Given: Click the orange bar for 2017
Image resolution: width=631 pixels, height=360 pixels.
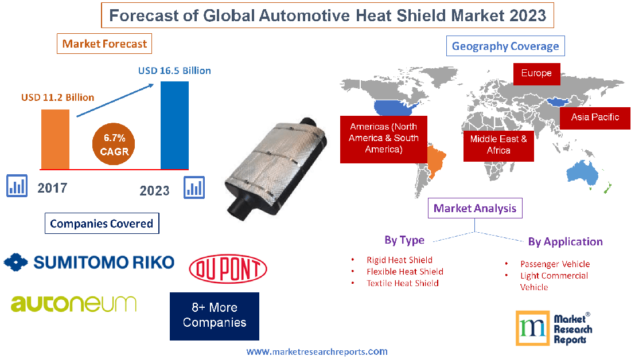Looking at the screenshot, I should coord(55,139).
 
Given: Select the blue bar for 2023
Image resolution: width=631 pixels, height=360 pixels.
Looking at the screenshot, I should coord(174,125).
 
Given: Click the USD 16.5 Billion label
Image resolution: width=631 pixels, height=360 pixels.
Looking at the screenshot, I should coord(174,71).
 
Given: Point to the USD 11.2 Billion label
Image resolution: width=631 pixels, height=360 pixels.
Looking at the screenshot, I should coord(57,97).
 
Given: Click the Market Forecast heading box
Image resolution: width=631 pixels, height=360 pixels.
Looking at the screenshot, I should coord(104,44).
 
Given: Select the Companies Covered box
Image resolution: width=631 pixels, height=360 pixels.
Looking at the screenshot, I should coord(102,224).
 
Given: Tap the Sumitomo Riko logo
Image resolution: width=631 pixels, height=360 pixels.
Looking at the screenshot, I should coord(89,263).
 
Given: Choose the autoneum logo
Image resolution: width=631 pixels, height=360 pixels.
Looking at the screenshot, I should coord(73,303).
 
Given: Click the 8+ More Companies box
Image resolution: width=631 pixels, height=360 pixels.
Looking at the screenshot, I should coord(215,316).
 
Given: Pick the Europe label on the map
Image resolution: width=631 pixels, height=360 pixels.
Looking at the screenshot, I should coord(536,73).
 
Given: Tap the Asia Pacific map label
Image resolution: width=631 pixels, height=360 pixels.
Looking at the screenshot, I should coord(595,117).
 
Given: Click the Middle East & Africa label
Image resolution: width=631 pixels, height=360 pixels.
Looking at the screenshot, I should coord(498,144).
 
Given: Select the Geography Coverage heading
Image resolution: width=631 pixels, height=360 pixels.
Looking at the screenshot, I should coord(505,46).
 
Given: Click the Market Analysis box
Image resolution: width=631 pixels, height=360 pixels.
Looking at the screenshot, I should coord(475,208).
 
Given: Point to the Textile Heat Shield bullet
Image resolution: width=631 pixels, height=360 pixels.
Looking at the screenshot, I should coord(402,283).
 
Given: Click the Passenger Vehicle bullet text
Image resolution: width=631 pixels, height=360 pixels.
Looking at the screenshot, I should coord(555,264).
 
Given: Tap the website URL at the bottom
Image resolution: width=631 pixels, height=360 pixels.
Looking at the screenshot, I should coord(317,351).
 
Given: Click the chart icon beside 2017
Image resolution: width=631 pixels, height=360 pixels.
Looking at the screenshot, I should coord(17,186).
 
